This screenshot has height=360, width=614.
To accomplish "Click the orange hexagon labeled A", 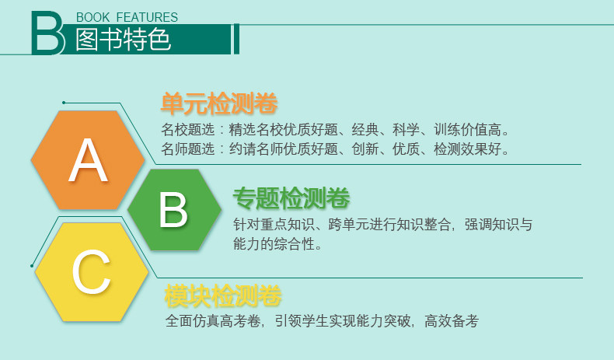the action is pos(88,160).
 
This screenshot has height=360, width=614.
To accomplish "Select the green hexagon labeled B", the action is pos(175,210).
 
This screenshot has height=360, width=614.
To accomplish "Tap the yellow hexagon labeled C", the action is pos(92,272).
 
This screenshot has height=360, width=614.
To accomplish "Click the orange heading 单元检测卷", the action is pos(219,103).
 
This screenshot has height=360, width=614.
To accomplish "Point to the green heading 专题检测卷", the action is pos(291,197).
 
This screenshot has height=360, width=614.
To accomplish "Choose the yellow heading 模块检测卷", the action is pos(223,295).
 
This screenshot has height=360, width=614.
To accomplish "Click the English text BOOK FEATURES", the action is pos(127,17).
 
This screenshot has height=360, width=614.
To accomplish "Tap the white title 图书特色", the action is pos(124,40).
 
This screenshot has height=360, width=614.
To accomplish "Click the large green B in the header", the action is pos(47,33).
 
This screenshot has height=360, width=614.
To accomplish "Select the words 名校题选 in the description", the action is pos(187,129).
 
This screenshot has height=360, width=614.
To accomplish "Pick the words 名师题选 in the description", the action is pos(187,149).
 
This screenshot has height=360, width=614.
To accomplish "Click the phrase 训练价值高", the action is pos(467,129).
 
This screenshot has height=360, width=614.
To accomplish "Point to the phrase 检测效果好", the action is pos(467,149).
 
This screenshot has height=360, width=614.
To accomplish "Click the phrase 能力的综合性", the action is pos(274,243).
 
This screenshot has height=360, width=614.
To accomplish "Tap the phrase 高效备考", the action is pos(452,321).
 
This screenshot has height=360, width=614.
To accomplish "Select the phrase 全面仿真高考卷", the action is pos(213,321).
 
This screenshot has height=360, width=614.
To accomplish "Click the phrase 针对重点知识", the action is pos(274,225).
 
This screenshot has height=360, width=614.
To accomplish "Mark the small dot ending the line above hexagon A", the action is pos(64,103).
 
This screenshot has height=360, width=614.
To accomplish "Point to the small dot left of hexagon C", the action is pos(32,266).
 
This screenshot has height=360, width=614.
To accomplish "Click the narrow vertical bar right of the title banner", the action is pos(236,39).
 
